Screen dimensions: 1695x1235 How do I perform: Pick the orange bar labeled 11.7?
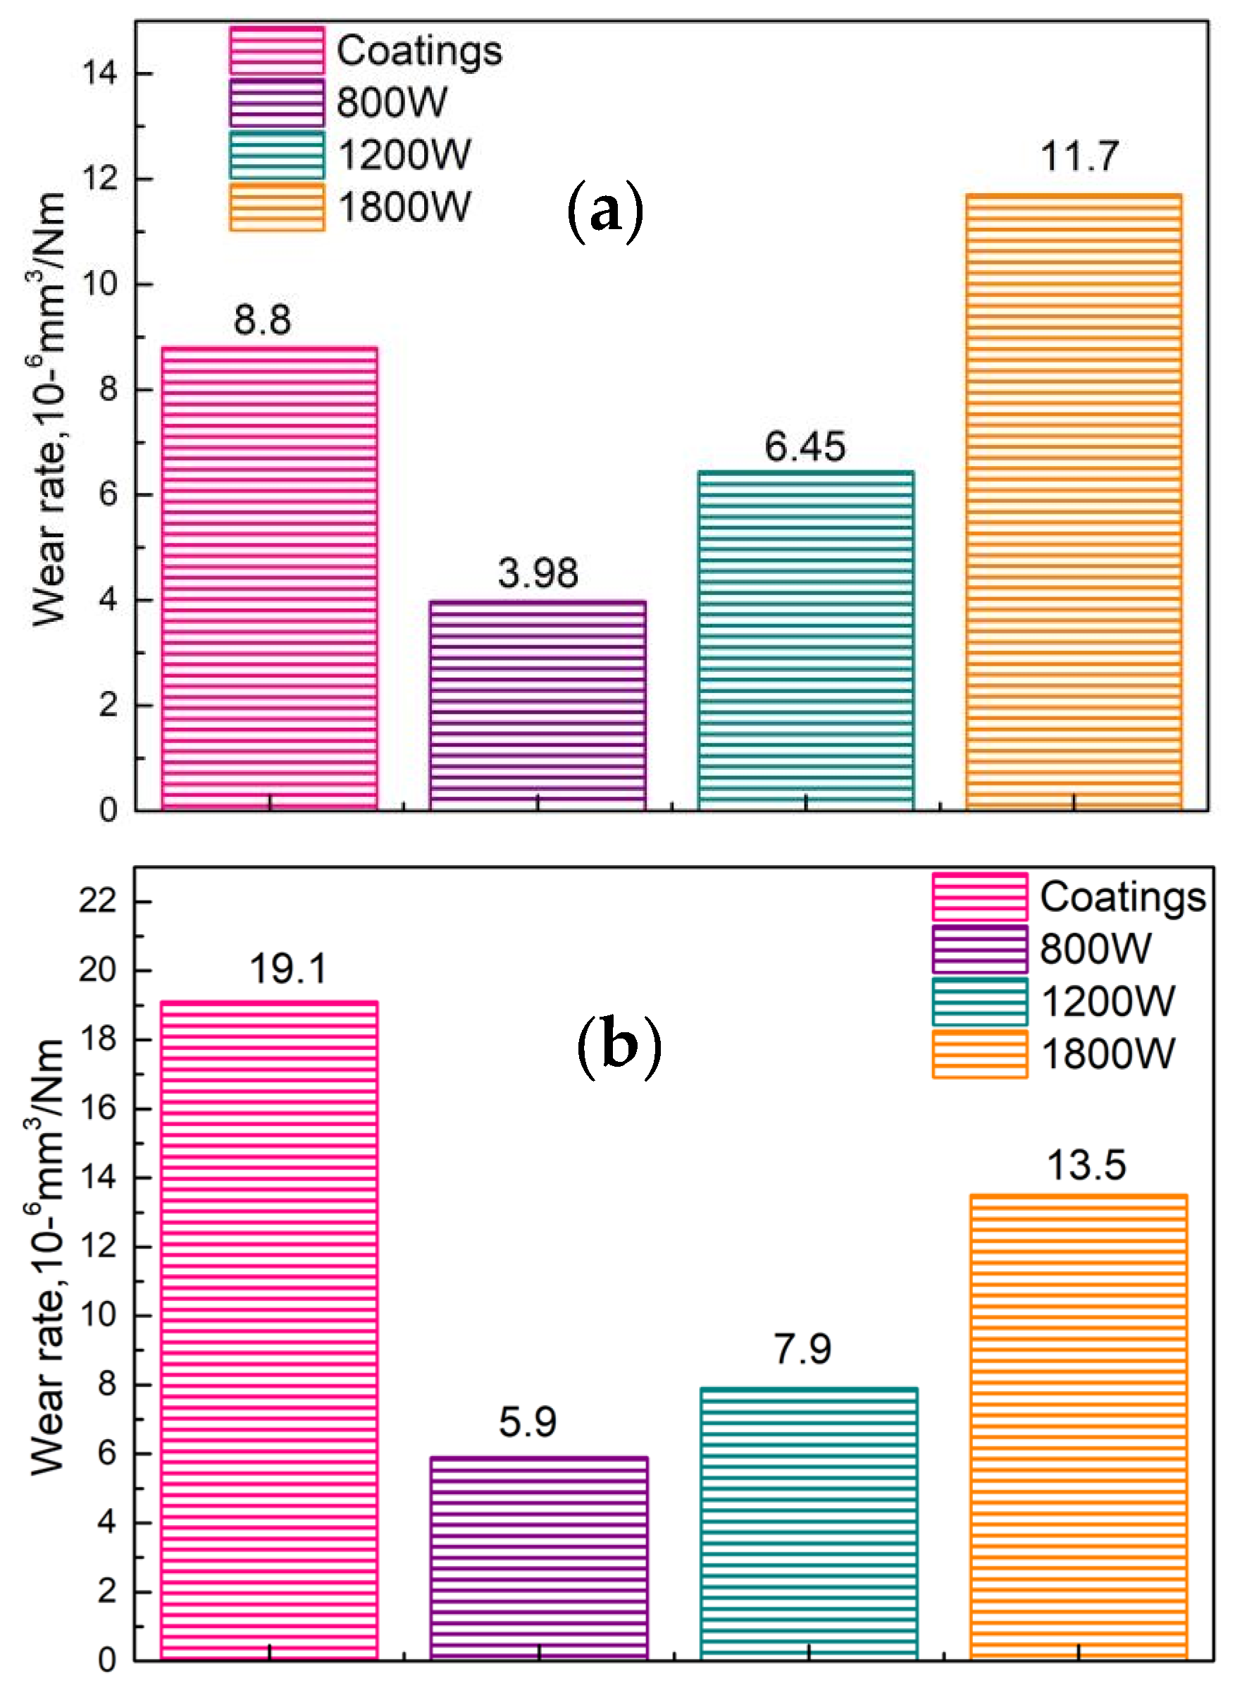(1074, 502)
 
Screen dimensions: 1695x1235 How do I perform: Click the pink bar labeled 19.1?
(269, 1330)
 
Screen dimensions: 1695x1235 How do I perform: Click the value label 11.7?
(1079, 157)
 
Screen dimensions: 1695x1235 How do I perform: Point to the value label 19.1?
(288, 969)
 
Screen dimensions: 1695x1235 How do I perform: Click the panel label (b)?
(620, 1046)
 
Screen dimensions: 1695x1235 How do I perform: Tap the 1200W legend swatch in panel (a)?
(277, 156)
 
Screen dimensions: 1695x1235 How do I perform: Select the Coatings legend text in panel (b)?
(1122, 897)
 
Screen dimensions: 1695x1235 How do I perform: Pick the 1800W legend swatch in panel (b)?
(979, 1055)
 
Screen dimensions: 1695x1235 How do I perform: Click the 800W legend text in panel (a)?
(392, 102)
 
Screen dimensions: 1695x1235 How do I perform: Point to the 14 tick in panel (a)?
(99, 74)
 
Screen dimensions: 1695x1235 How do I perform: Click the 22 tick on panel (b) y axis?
(98, 901)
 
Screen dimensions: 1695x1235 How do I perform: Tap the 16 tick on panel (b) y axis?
(98, 1108)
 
